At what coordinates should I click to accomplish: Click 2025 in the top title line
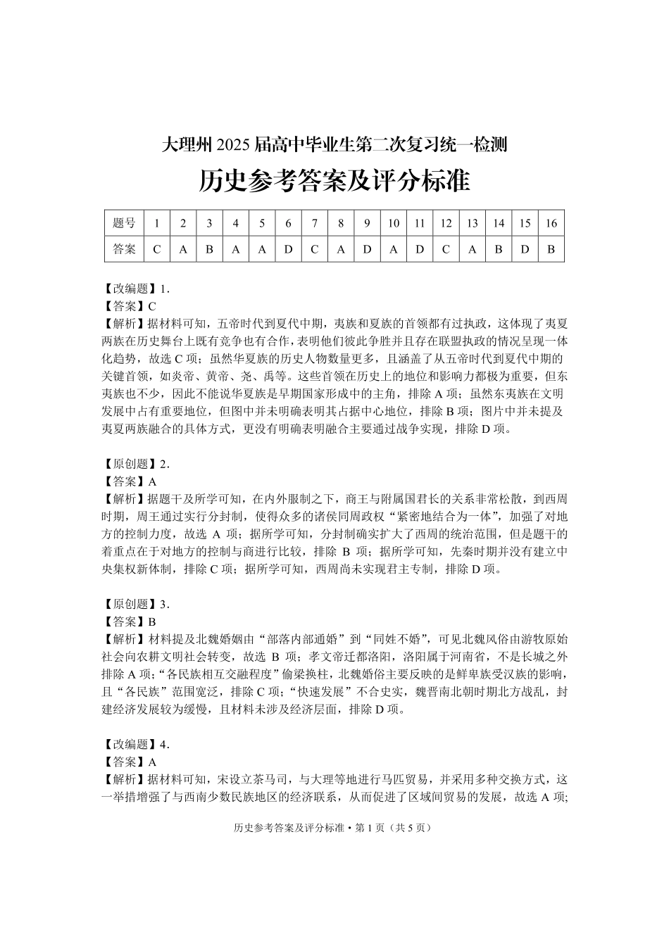232,146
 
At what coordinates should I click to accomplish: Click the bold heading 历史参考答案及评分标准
334,181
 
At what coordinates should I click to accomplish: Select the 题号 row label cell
124,223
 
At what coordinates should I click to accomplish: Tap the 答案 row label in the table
124,249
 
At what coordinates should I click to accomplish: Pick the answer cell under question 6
288,249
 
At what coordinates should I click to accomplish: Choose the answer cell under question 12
446,249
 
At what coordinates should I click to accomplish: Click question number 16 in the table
551,223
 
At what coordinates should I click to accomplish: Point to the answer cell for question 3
209,249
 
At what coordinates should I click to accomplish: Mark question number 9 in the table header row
367,223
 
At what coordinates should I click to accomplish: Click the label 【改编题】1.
133,289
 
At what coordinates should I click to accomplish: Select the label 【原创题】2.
133,464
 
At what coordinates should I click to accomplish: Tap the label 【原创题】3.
133,604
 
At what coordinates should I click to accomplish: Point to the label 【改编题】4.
133,744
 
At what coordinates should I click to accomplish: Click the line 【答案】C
126,306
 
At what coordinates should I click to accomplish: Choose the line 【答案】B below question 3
126,622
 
